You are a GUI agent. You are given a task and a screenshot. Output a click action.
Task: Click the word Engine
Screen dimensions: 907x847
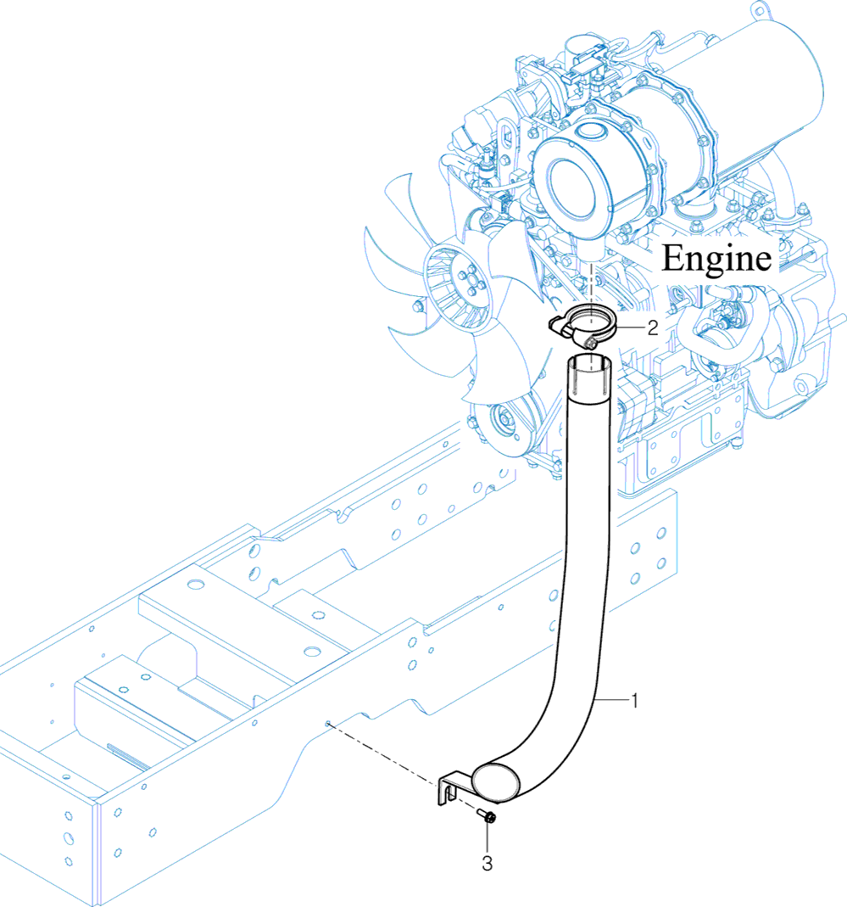click(716, 258)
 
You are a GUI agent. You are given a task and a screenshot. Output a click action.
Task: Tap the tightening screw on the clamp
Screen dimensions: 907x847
click(588, 341)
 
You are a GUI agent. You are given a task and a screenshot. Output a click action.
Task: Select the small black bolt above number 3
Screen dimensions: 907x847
click(489, 818)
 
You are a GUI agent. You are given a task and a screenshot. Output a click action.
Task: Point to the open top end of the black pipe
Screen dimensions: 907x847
click(590, 366)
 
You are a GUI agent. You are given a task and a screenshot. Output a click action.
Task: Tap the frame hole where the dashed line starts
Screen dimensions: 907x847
click(326, 723)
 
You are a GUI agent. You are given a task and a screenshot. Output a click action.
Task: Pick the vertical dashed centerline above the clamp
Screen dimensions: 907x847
click(589, 284)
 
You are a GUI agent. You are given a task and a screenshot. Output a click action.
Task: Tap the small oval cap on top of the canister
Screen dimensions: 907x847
click(588, 132)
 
